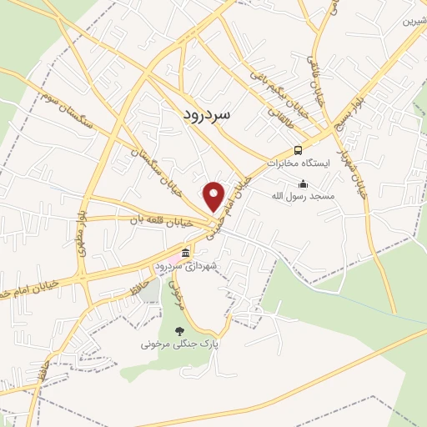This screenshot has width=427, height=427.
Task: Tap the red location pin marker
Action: [215, 196]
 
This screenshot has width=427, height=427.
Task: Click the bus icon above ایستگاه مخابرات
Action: [299, 150]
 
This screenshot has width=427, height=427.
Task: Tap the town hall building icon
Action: [186, 252]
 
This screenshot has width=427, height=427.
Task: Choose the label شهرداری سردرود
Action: [186, 265]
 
